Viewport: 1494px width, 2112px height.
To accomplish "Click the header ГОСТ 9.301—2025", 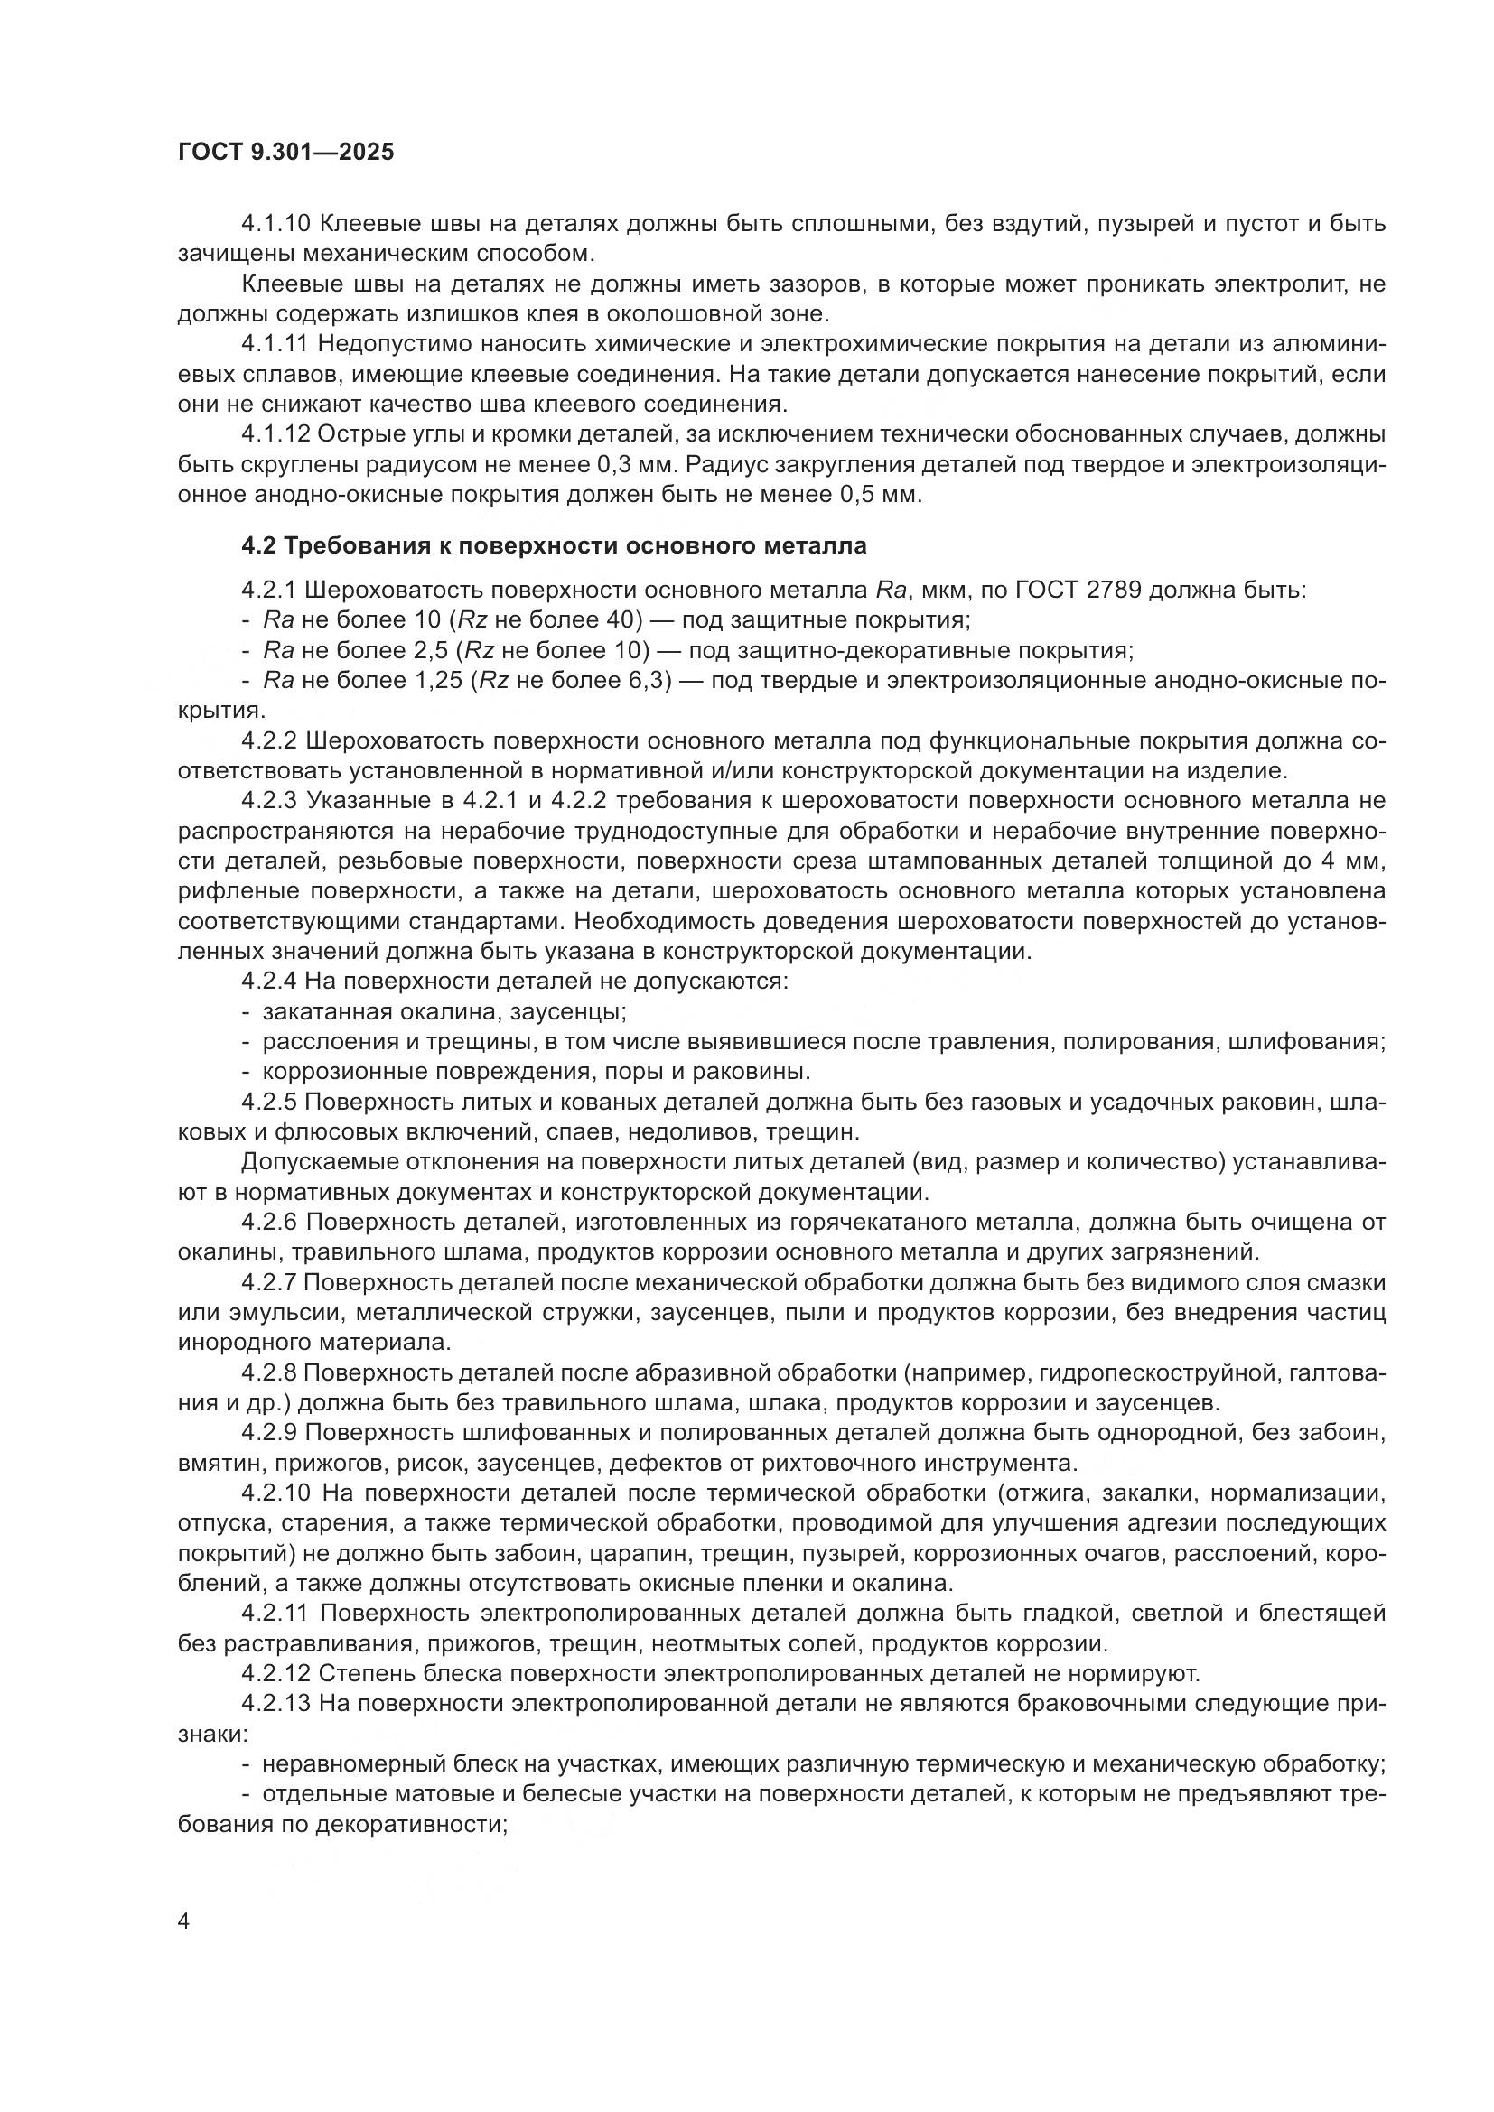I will (285, 152).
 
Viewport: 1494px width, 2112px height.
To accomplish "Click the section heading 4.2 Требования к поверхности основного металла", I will (554, 545).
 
